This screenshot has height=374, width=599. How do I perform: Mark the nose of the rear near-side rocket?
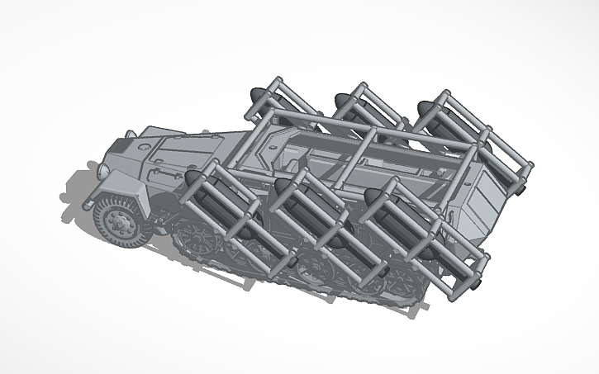[372, 196]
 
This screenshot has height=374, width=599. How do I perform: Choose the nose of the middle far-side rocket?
[339, 102]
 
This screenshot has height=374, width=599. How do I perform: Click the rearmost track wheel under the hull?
[405, 285]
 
